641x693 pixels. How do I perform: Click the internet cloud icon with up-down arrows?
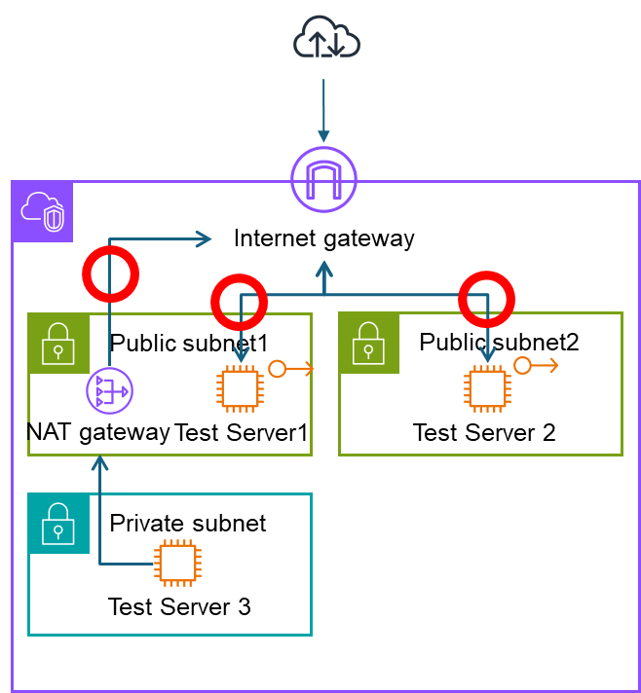point(326,37)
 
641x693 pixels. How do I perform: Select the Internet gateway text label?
point(323,238)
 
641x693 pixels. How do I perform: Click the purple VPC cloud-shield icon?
point(43,211)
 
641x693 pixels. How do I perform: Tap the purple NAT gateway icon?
point(109,390)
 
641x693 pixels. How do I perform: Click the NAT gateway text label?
point(98,432)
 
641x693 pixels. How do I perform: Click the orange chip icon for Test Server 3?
point(178,563)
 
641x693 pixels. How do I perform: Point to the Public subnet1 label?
point(189,343)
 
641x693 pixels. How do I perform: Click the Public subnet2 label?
point(499,342)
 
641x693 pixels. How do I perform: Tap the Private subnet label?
point(188,524)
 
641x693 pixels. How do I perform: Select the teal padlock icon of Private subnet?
point(58,524)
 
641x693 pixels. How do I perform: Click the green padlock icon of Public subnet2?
point(368,343)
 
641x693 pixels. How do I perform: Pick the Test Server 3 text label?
point(179,606)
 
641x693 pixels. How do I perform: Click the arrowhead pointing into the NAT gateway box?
point(100,462)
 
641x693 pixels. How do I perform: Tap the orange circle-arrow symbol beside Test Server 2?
point(536,366)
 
